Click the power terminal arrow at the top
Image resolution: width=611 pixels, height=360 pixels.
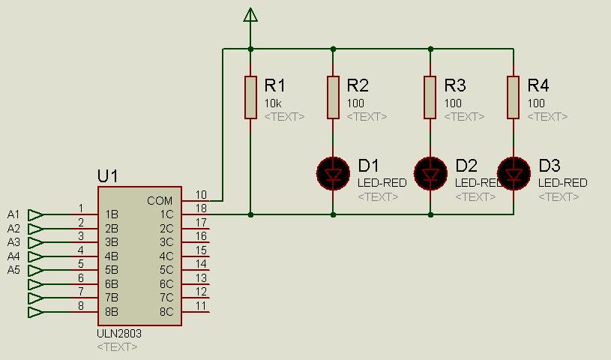250,15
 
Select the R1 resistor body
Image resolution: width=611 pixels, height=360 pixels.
250,97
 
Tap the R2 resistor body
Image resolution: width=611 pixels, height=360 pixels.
333,97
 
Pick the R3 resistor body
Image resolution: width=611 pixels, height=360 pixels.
430,97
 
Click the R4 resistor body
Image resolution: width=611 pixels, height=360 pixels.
514,97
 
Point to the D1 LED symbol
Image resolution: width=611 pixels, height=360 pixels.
333,173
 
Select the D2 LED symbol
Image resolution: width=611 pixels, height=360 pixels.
430,173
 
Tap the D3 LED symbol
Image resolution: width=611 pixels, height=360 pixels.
514,173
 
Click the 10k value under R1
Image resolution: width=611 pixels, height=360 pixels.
273,103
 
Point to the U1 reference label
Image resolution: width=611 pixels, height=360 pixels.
107,176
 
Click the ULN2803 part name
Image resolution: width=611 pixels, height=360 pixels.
119,334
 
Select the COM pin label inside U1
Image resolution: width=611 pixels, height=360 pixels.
160,200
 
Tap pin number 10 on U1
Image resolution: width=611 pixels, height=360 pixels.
201,194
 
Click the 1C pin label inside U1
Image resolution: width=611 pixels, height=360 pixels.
166,214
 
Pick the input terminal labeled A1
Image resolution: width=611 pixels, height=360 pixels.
36,214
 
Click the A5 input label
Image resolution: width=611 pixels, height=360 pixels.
13,270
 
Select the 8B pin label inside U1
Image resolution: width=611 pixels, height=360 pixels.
112,312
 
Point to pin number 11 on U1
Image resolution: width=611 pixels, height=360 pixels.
201,305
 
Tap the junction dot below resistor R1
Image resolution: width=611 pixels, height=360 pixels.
250,214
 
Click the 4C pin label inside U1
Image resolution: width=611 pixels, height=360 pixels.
166,256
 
